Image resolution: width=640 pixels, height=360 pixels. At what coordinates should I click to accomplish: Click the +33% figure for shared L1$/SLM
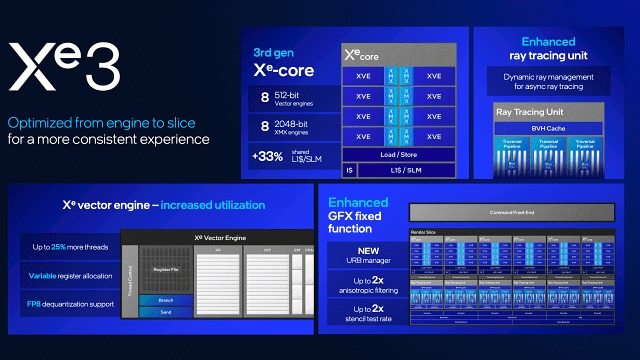pyautogui.click(x=266, y=156)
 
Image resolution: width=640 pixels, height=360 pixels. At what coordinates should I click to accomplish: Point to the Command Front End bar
pyautogui.click(x=516, y=212)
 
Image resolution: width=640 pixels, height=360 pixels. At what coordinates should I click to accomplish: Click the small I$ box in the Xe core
pyautogui.click(x=349, y=171)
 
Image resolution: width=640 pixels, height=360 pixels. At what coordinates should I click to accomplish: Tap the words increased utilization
pyautogui.click(x=208, y=206)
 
